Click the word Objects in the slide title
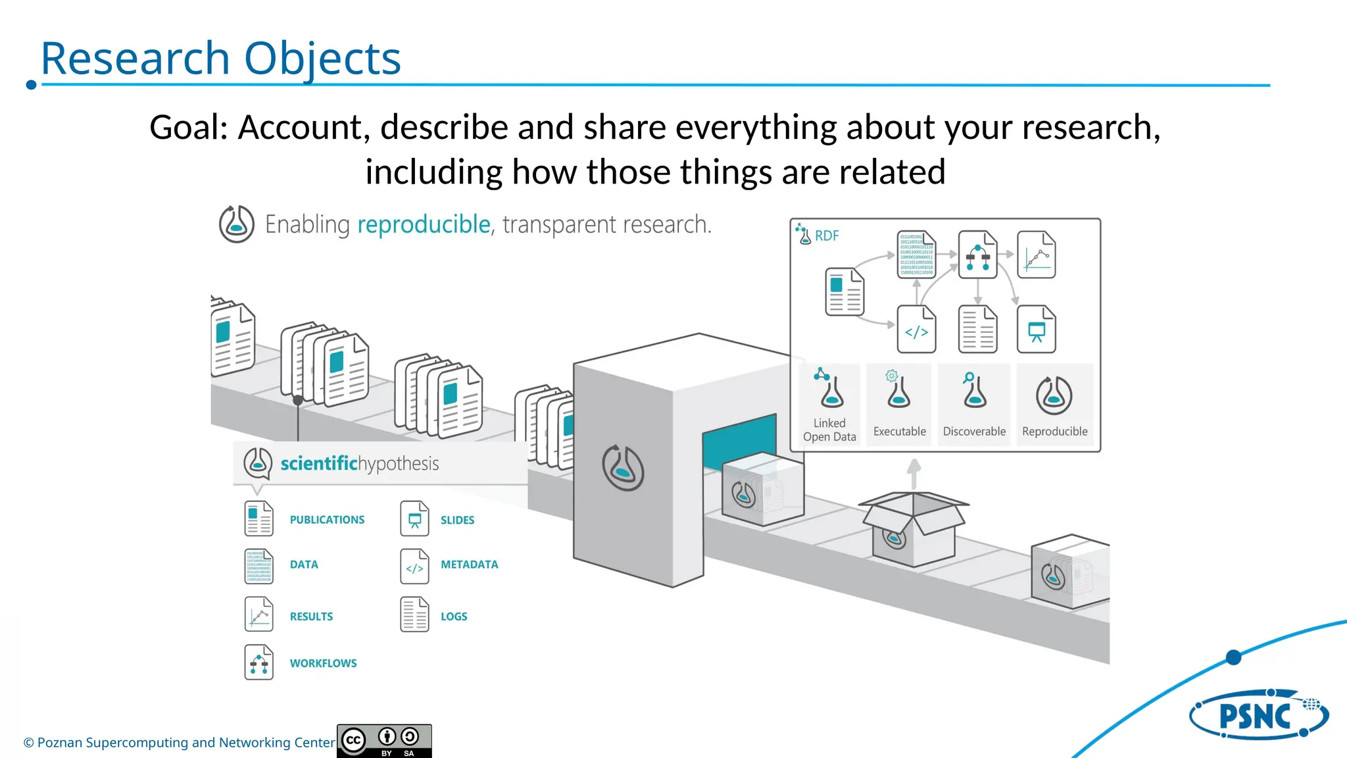click(x=322, y=59)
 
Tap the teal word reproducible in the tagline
click(x=424, y=225)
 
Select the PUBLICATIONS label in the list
click(x=327, y=520)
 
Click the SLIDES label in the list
click(x=457, y=520)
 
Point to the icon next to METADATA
click(x=414, y=567)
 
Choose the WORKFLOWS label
click(x=323, y=663)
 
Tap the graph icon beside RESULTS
click(x=258, y=615)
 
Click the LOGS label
click(x=454, y=617)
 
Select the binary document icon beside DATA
click(x=258, y=567)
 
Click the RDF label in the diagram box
click(x=827, y=236)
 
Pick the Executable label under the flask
click(x=899, y=432)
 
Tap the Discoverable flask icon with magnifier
click(x=974, y=391)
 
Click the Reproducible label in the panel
click(x=1054, y=432)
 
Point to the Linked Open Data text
click(x=829, y=430)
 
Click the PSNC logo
click(x=1258, y=715)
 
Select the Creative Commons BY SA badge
click(x=384, y=741)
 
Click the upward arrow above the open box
click(x=914, y=472)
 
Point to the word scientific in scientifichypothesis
click(x=318, y=464)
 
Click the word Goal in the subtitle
click(x=187, y=127)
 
